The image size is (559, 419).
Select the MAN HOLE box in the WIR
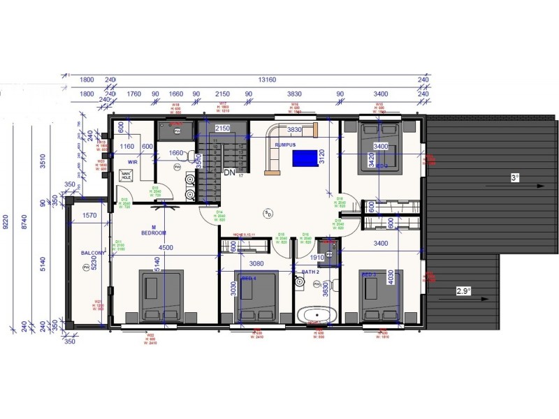(x=126, y=176)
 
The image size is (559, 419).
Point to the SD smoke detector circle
(x=268, y=212)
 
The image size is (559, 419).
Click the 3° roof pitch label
(x=516, y=179)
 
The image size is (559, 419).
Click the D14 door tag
(x=219, y=215)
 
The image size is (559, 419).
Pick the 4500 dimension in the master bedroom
(x=165, y=247)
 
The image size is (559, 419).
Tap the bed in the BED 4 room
(x=256, y=300)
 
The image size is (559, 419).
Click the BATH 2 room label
(x=310, y=271)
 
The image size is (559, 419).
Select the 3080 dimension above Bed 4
(x=256, y=264)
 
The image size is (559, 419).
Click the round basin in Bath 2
(x=299, y=283)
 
